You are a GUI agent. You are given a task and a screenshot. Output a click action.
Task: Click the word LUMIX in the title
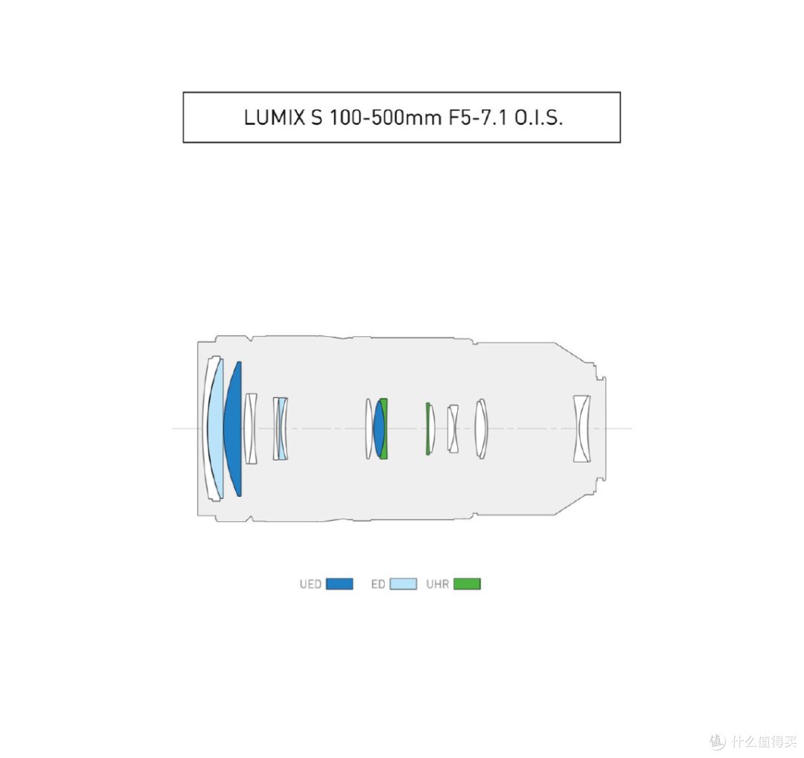coord(274,118)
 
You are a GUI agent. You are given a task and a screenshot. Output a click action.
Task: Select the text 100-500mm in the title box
coord(385,118)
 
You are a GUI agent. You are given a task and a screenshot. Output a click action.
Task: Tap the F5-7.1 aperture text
coord(478,118)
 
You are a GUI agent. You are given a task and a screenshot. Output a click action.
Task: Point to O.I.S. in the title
coord(538,118)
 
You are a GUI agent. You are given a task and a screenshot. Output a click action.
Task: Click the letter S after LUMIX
coord(317,118)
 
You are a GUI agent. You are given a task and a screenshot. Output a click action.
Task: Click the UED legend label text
coord(310,584)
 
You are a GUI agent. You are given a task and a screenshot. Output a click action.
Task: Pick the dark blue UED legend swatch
coord(339,584)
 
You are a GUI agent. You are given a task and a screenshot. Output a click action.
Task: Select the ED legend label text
coord(378,584)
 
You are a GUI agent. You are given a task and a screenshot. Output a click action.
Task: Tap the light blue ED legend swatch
coord(403,584)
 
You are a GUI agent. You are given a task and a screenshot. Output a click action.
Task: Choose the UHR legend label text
coord(438,584)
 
